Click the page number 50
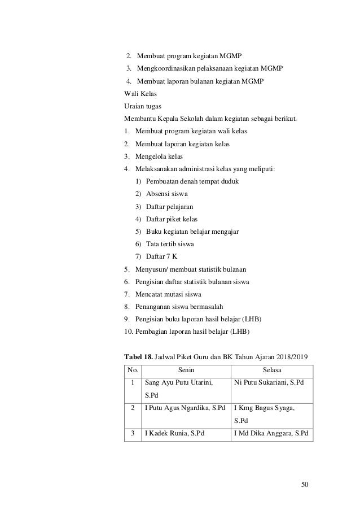coord(306,484)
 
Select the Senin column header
coord(187,370)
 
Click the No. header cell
coord(133,370)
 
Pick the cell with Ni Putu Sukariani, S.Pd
coord(268,383)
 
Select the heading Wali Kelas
coord(141,93)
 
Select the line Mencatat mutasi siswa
coord(168,294)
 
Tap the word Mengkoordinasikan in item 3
coord(166,69)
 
